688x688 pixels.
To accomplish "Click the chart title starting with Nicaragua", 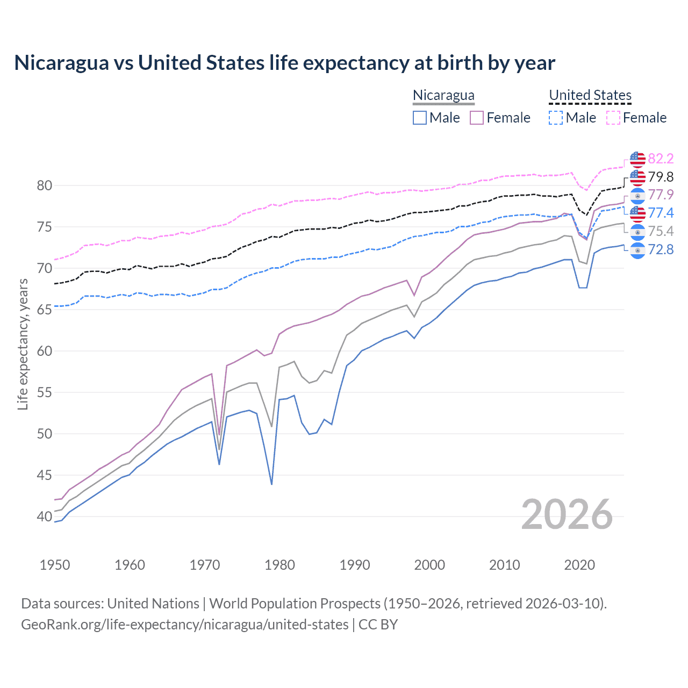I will point(284,63).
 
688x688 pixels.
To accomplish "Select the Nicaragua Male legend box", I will point(420,118).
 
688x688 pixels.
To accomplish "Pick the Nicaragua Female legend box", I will point(477,118).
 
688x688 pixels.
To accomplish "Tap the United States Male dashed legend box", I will point(556,118).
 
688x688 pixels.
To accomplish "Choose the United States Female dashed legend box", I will point(613,118).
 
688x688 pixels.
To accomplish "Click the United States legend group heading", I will point(590,95).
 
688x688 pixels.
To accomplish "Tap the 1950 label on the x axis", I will point(55,565).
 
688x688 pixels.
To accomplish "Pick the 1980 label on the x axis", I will point(279,565).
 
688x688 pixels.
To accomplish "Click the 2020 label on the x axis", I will point(579,565).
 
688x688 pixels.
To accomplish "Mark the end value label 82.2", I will point(661,159).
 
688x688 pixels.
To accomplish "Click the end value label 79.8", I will point(661,177).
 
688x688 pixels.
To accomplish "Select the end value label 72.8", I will point(661,249).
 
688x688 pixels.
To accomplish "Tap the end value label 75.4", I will point(661,231).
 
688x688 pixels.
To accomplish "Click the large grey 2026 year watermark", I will point(567,514).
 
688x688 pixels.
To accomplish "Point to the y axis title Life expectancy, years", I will point(23,344).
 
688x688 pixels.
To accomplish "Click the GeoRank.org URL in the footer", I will point(184,625).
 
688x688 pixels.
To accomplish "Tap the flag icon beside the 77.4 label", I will point(637,213).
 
